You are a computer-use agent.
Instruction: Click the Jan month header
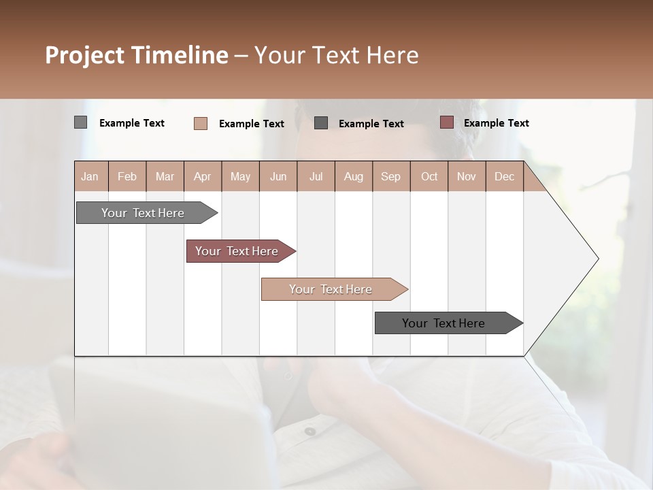(90, 176)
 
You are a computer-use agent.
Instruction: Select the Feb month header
(127, 176)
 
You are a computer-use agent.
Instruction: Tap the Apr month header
(202, 176)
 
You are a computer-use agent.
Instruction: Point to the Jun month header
(278, 176)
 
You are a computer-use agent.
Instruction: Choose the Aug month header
(353, 176)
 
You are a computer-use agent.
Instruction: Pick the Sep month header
(390, 176)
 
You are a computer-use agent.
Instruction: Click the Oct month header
(429, 176)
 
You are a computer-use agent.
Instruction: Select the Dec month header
(504, 176)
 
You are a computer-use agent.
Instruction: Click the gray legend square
(80, 122)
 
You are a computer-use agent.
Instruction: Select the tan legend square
(201, 123)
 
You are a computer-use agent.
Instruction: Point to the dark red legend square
(446, 122)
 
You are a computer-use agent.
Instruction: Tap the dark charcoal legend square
(321, 123)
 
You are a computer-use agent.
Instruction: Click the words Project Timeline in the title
(136, 55)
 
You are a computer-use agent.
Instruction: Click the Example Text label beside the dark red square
(496, 123)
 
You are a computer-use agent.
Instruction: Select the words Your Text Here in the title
(336, 55)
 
